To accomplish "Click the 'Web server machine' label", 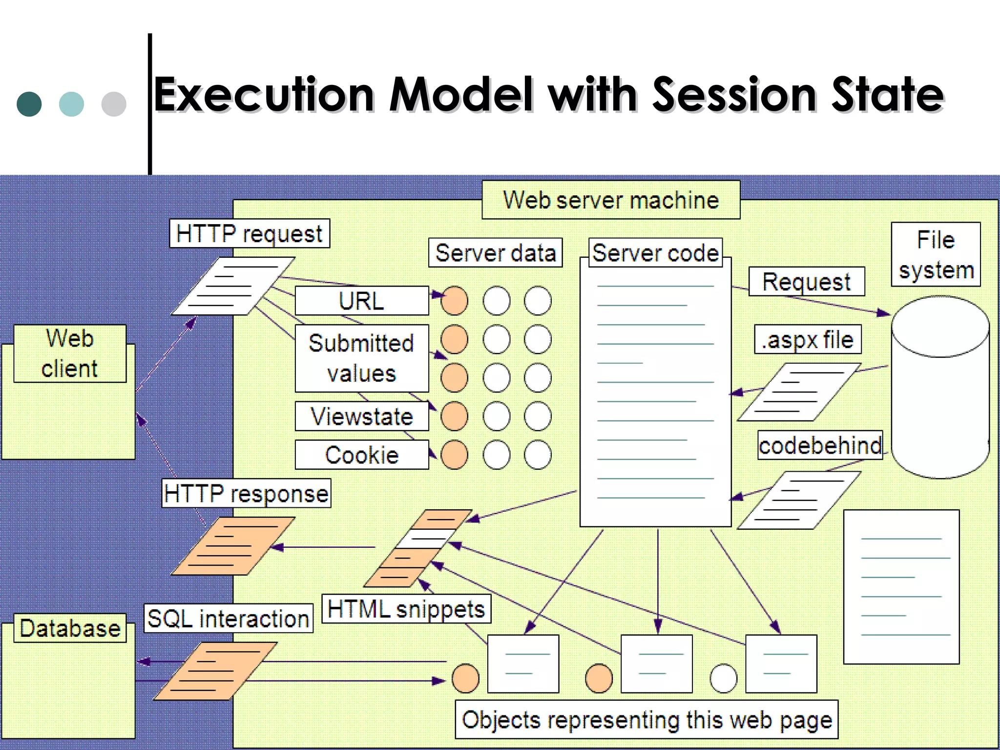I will [x=611, y=200].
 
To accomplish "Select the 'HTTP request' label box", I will [x=250, y=233].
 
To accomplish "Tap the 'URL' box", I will [x=362, y=301].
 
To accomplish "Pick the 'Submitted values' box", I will [x=362, y=358].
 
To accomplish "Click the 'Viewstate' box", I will [x=362, y=417].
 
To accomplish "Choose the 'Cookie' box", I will [x=362, y=455].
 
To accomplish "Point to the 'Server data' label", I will [x=496, y=253].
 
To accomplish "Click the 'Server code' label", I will [x=655, y=253].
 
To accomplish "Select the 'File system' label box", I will [x=936, y=254].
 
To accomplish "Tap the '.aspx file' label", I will [x=808, y=339].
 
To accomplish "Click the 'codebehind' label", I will [x=820, y=445].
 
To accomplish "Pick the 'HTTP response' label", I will [x=247, y=493].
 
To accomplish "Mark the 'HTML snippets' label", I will [x=406, y=609].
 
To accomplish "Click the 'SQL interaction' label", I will [x=229, y=619].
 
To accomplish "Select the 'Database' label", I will [x=70, y=628].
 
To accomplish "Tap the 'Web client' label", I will [x=70, y=354].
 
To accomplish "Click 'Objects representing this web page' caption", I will [x=647, y=720].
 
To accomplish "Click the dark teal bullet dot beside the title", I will [x=29, y=104].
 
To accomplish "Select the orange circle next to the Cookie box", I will [x=454, y=455].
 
